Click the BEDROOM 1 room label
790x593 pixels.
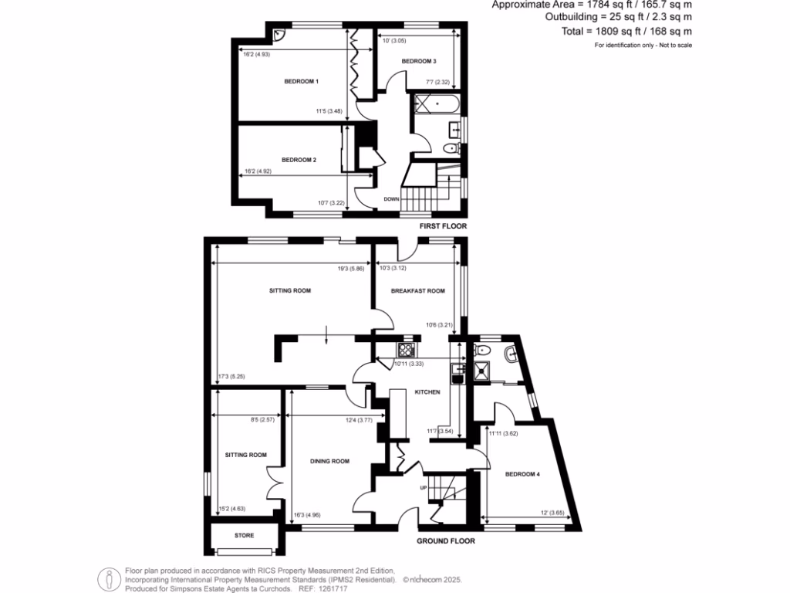pyautogui.click(x=302, y=81)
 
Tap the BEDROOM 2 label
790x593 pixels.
pyautogui.click(x=299, y=160)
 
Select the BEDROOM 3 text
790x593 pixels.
pyautogui.click(x=419, y=61)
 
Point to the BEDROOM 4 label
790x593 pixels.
pyautogui.click(x=522, y=474)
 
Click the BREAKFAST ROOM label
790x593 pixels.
pyautogui.click(x=418, y=291)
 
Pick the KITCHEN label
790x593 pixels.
pyautogui.click(x=427, y=392)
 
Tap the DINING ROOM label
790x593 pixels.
pyautogui.click(x=329, y=461)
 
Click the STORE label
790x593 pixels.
pyautogui.click(x=244, y=535)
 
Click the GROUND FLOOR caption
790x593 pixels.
pyautogui.click(x=446, y=541)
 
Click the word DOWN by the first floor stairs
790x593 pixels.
pyautogui.click(x=392, y=198)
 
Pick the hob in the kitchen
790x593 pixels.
pyautogui.click(x=407, y=349)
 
